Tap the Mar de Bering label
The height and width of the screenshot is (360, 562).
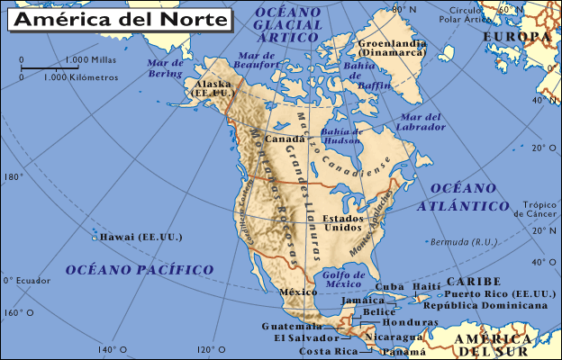click(166, 68)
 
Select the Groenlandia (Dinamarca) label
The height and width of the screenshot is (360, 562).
click(392, 48)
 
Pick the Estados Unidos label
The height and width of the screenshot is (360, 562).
click(343, 223)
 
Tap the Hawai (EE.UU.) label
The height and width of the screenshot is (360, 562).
click(141, 237)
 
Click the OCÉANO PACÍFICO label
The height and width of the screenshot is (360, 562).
click(140, 269)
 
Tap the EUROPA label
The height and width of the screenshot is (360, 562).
click(517, 36)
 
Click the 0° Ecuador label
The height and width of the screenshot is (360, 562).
click(27, 280)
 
